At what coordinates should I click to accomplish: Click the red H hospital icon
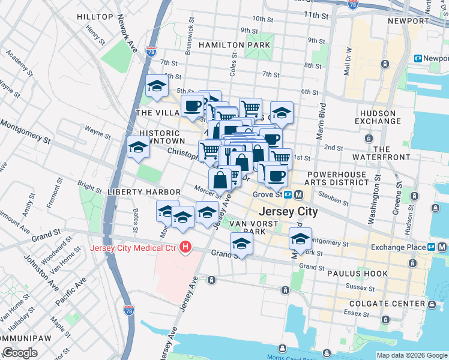coord(186,247)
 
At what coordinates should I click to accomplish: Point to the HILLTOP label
coord(95,17)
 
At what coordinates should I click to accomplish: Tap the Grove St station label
coord(267,194)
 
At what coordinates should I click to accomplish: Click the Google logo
coord(20,352)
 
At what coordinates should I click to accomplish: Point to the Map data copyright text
coord(412,355)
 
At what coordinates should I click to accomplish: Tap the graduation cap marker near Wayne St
coord(138,147)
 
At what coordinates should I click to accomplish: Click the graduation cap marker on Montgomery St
coord(300,238)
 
